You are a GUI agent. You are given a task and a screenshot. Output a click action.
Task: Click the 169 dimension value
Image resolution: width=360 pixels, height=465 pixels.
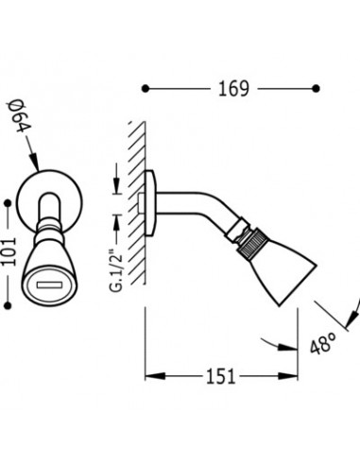pos(233,89)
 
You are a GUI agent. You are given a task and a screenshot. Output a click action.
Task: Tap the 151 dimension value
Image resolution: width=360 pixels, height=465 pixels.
pos(221,376)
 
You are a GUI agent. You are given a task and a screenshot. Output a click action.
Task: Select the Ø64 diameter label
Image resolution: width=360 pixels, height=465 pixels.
pos(21,117)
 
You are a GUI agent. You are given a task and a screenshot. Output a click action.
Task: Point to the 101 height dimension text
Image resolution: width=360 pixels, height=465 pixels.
pos(9,252)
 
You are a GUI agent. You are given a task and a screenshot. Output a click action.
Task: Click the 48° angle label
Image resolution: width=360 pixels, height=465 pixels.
pos(323,343)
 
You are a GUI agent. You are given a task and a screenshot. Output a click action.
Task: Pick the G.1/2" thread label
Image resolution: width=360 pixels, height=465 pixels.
pos(116,267)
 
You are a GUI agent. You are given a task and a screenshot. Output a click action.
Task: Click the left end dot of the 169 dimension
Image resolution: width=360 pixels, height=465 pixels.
pos(145,89)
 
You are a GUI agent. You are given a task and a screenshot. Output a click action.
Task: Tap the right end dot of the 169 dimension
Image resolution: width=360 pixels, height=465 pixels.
pos(317,89)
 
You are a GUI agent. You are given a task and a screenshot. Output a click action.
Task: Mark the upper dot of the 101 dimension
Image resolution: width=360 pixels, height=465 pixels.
pos(9,203)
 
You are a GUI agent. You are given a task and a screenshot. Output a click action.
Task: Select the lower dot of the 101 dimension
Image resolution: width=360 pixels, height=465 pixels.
pos(9,305)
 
